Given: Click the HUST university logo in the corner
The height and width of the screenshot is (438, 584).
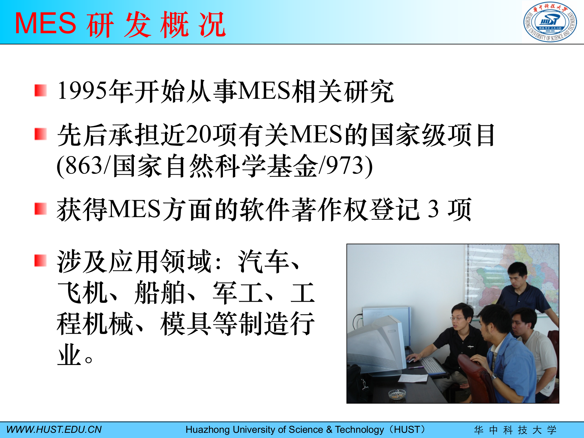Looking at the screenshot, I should coord(550,22).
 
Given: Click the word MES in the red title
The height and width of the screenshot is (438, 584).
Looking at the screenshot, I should coord(46,23).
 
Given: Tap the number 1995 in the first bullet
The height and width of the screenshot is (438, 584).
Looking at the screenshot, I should coord(82,91).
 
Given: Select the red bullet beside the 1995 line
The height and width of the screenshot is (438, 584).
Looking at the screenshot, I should coord(40,91).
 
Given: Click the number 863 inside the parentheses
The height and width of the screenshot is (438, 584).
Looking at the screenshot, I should coord(84,166).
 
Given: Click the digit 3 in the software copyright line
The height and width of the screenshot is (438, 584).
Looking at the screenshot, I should coord(433,209).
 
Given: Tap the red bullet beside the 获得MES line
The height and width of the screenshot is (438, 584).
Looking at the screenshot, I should coord(40,209).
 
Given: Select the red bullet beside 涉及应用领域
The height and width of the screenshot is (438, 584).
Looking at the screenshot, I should coord(40,261).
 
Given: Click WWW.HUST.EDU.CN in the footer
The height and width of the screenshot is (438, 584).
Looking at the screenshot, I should coord(54,429).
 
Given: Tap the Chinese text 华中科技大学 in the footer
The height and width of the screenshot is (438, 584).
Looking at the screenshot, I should coord(515,430).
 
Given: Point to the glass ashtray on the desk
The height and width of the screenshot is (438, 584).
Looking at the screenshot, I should coord(397,394).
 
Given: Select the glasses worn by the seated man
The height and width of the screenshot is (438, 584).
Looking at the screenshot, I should coord(457,319).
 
